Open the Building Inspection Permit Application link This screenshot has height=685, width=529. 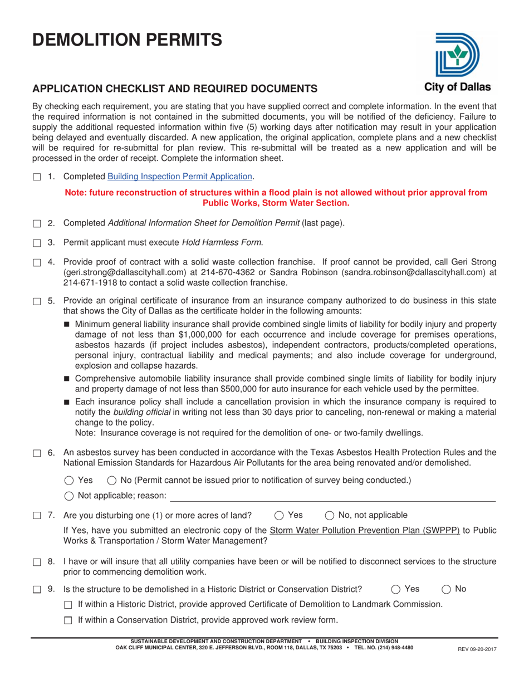pos(180,177)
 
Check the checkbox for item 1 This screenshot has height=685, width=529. pos(37,177)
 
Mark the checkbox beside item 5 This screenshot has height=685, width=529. pos(37,301)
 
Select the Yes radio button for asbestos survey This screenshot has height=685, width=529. pos(69,481)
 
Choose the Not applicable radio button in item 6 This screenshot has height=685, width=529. pos(69,496)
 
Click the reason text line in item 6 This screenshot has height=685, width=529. pos(332,497)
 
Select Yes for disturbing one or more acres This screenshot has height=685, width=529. pos(280,515)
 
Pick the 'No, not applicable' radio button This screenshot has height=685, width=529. pos(329,515)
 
